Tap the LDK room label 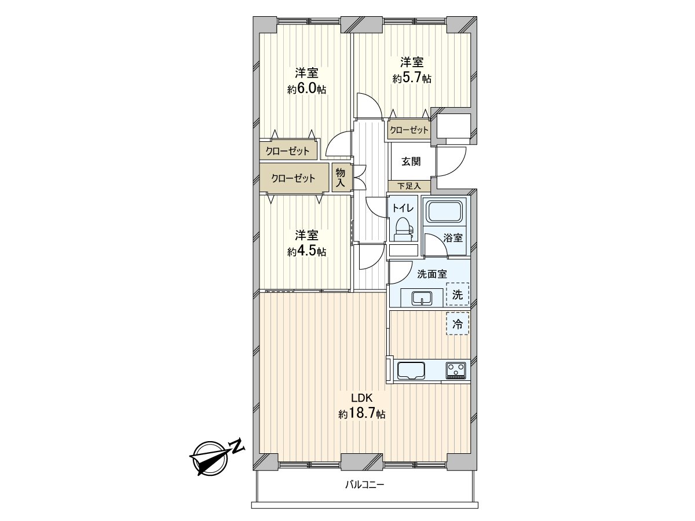pyautogui.click(x=361, y=398)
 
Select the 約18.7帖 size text pyautogui.click(x=361, y=413)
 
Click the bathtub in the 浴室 pyautogui.click(x=445, y=212)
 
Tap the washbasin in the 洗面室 pyautogui.click(x=422, y=298)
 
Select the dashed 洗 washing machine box pyautogui.click(x=458, y=294)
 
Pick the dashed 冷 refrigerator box pyautogui.click(x=458, y=323)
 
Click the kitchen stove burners pyautogui.click(x=456, y=370)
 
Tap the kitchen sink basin pyautogui.click(x=411, y=370)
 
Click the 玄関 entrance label pyautogui.click(x=411, y=162)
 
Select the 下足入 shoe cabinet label pyautogui.click(x=409, y=186)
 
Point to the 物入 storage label pyautogui.click(x=341, y=178)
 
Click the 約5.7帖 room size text pyautogui.click(x=412, y=78)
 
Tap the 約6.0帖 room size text pyautogui.click(x=306, y=89)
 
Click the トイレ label pyautogui.click(x=403, y=208)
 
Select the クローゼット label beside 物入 pyautogui.click(x=293, y=178)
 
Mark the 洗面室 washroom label pyautogui.click(x=432, y=274)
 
